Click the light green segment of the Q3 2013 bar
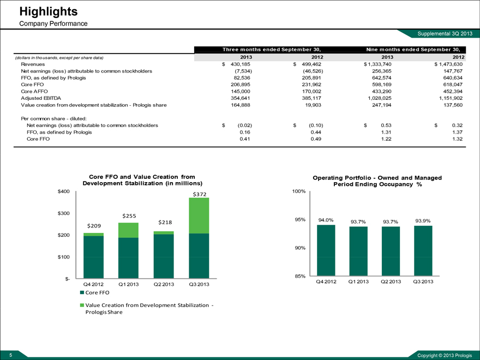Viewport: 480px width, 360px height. coord(199,215)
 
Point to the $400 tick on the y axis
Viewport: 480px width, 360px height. coord(64,191)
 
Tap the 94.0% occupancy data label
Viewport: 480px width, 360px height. coord(326,220)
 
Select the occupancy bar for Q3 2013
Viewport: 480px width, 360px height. coord(423,251)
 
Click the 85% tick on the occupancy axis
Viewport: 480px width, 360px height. coord(299,277)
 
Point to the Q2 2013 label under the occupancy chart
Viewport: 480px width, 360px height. coord(390,281)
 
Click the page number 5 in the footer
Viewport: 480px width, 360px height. coord(4,355)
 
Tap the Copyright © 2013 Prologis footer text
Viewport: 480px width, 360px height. coord(445,356)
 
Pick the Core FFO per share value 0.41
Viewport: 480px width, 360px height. coord(244,139)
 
